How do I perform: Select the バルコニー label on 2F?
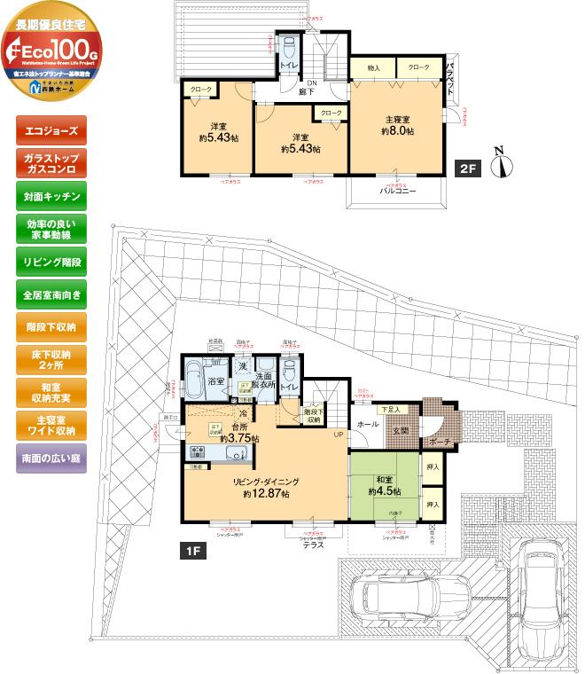pyautogui.click(x=397, y=191)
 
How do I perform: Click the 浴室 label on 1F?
pyautogui.click(x=215, y=381)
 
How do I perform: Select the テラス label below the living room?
pyautogui.click(x=312, y=545)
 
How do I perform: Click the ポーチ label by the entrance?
pyautogui.click(x=441, y=443)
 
